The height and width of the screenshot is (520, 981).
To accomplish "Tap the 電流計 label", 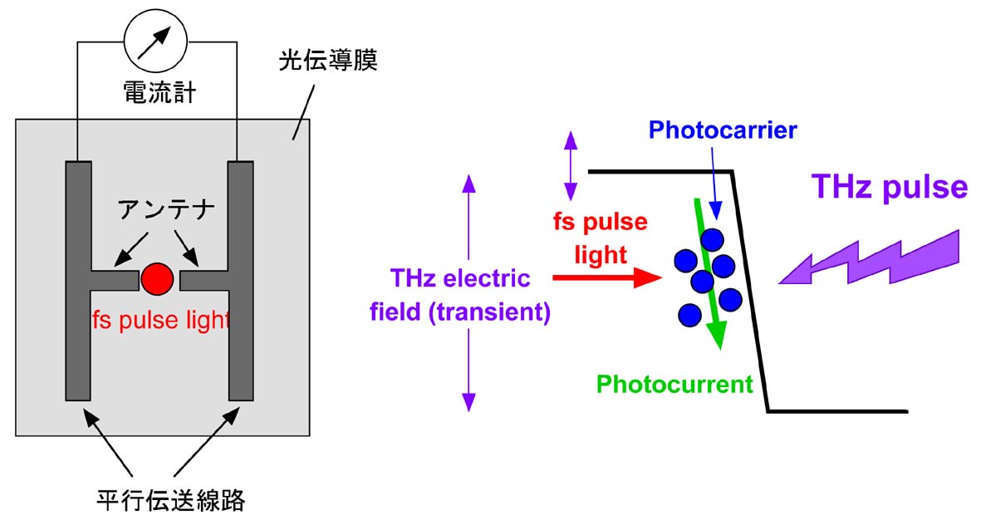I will click(x=158, y=91).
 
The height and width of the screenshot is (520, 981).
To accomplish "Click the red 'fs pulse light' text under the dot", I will click(x=160, y=320).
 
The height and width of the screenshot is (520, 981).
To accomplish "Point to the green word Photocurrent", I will click(x=674, y=385).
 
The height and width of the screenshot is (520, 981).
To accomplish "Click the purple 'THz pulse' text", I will click(x=890, y=187).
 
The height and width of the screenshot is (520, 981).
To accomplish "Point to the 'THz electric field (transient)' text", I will click(x=469, y=296).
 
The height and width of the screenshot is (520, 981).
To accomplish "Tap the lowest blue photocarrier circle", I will click(x=689, y=316).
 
